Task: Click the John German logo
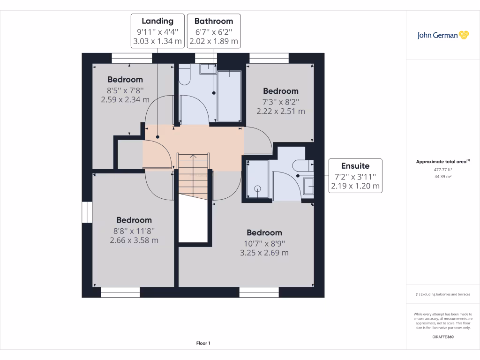coord(442,35)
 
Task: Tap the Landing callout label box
coord(157,31)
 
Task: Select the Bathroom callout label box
coord(214,31)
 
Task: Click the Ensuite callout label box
coord(355,176)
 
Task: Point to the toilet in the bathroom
coord(185,75)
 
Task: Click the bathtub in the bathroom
coord(229,96)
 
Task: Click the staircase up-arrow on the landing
coord(193,157)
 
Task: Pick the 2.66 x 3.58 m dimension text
coord(134,240)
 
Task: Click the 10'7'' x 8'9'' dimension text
coord(264,244)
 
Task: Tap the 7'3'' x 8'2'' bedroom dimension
coord(281,102)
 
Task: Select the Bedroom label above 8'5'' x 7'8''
coord(125,80)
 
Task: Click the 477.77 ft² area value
coord(443,170)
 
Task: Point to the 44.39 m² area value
coord(443,177)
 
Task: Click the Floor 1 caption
coord(203,343)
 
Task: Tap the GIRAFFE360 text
coord(443,337)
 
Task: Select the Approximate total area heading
coord(442,161)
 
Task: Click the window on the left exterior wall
coord(87,212)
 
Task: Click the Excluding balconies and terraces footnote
coord(443,294)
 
